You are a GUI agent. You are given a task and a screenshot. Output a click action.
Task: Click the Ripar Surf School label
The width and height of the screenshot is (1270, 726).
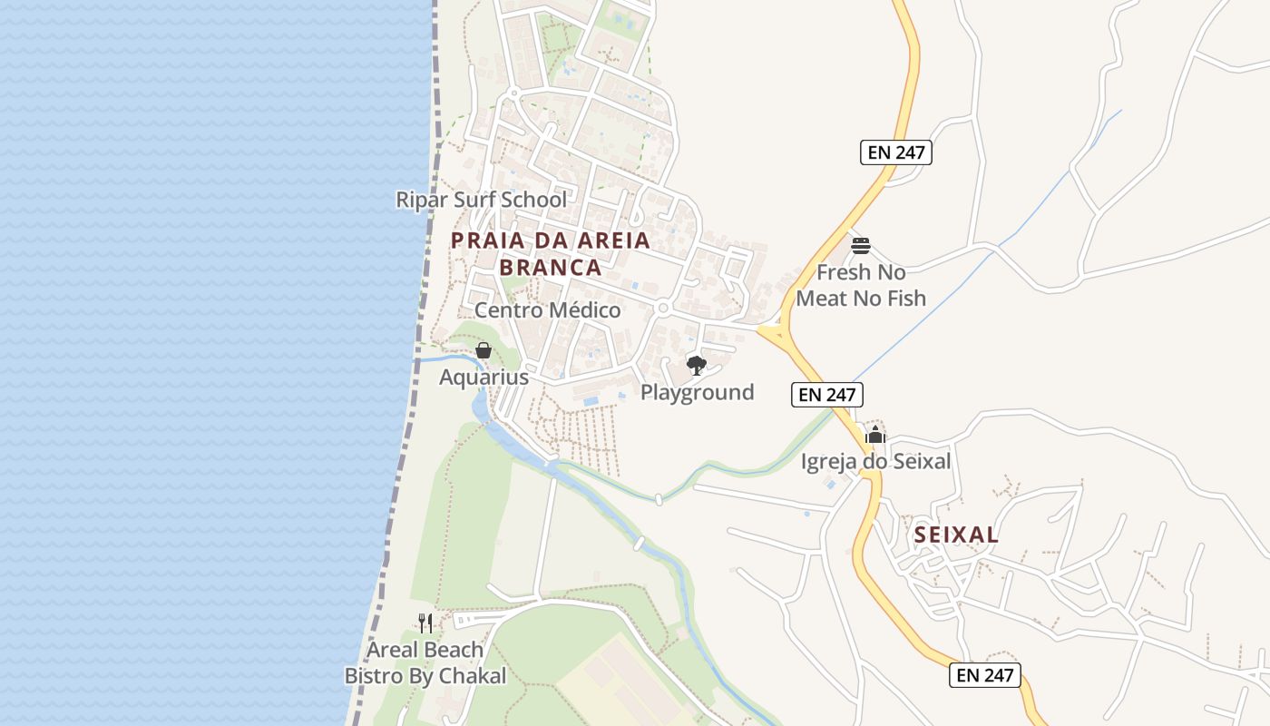click(481, 200)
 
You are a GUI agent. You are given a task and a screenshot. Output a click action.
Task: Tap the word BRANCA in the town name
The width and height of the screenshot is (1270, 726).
click(550, 268)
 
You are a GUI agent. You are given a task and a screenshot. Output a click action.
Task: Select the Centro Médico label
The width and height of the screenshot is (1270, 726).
click(547, 310)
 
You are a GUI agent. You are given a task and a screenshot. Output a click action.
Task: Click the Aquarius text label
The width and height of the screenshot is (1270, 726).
click(484, 377)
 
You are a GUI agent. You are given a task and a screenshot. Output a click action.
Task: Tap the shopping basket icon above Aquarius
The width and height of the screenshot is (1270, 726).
click(484, 350)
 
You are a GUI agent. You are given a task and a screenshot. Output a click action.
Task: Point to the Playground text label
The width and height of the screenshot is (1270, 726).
click(697, 392)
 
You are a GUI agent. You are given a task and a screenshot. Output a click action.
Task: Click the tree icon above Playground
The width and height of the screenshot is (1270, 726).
click(697, 366)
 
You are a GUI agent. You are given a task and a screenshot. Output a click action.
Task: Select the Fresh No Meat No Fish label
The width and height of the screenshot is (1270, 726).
click(861, 285)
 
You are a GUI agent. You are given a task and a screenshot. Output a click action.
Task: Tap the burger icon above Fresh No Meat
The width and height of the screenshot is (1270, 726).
click(861, 245)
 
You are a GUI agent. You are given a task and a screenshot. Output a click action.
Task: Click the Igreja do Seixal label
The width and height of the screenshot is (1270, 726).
click(875, 462)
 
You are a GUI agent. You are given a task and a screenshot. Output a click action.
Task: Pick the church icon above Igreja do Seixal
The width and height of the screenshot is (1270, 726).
click(874, 436)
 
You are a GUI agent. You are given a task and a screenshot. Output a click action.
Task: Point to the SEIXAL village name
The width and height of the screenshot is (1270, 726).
click(956, 535)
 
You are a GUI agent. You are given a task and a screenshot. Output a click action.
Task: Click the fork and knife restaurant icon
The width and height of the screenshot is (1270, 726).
click(425, 623)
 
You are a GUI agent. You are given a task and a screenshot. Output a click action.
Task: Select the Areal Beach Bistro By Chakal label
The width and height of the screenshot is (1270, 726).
click(425, 663)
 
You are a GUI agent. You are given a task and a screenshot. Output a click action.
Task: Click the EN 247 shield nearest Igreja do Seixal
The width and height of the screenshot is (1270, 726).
click(826, 395)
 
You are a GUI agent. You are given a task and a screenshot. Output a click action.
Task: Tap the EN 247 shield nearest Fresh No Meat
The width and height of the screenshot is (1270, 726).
click(895, 152)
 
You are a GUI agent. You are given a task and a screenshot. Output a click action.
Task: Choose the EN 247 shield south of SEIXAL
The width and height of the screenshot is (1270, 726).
click(985, 675)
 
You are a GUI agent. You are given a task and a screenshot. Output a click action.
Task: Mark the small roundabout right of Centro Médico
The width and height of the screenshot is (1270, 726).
click(663, 309)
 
